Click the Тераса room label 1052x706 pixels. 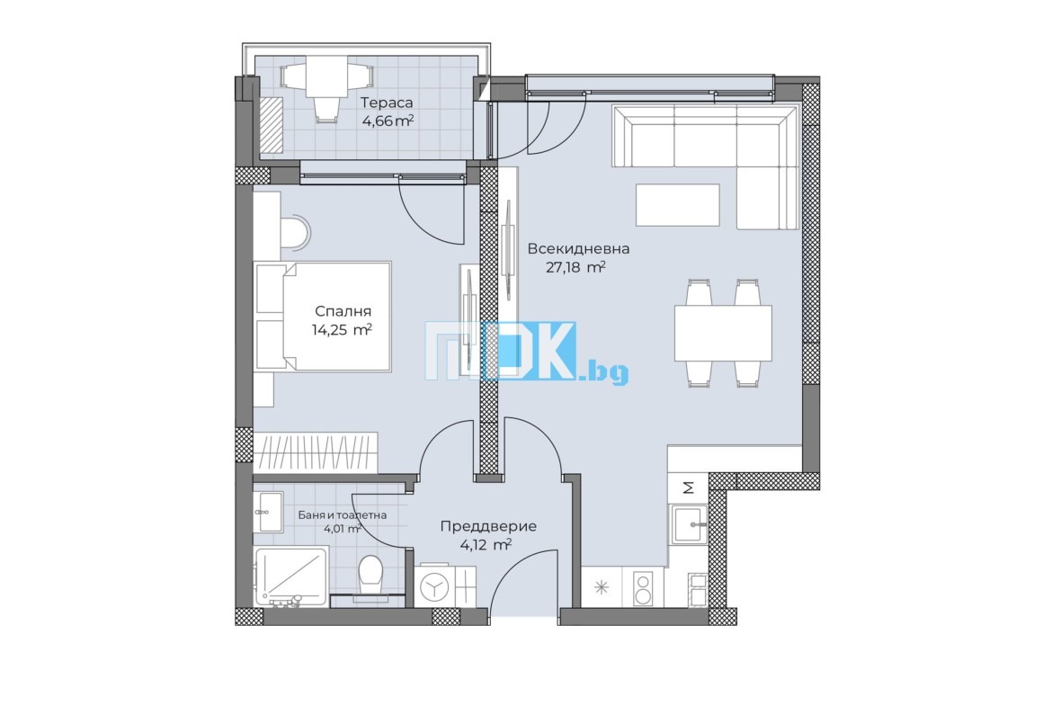click(x=387, y=103)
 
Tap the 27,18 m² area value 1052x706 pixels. click(x=575, y=268)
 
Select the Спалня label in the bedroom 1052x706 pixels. click(x=343, y=311)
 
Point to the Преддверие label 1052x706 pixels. click(x=488, y=526)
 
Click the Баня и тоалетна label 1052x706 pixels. click(x=343, y=515)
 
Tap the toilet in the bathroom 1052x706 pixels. click(x=370, y=575)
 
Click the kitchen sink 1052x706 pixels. click(x=689, y=524)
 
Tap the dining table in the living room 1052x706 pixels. click(x=723, y=334)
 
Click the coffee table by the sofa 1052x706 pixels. click(x=678, y=205)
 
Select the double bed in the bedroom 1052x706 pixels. click(x=322, y=316)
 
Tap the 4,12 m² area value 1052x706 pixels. click(x=486, y=544)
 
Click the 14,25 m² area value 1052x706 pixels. click(x=342, y=329)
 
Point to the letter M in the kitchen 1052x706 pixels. click(x=689, y=487)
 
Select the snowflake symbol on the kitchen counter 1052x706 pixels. click(x=602, y=588)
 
